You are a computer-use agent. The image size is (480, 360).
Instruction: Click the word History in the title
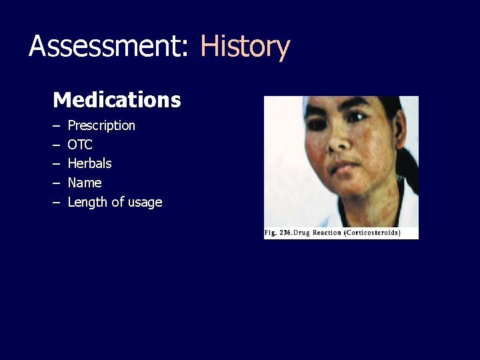tap(245, 47)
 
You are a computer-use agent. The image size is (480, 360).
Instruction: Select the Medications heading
tap(117, 100)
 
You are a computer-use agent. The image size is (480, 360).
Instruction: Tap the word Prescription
tap(101, 125)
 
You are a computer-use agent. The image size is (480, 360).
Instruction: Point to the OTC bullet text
tap(80, 145)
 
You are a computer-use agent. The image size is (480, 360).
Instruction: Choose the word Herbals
tap(89, 163)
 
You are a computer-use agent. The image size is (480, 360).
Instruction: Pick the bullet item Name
tap(85, 183)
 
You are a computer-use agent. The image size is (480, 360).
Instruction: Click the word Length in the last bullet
tap(87, 202)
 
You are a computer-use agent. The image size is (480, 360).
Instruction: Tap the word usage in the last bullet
tap(145, 203)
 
